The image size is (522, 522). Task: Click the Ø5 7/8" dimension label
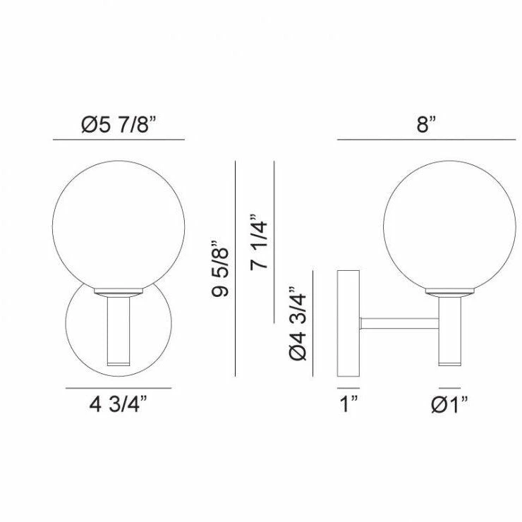[119, 125]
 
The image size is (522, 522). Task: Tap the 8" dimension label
[426, 125]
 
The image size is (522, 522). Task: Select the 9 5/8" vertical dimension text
[220, 268]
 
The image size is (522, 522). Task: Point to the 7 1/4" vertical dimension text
[259, 241]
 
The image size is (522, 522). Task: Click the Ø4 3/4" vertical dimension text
[298, 323]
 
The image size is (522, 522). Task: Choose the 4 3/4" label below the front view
[119, 403]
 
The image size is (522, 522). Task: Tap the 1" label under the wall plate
[348, 403]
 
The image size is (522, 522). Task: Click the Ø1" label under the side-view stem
[449, 404]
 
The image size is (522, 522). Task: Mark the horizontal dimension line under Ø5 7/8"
[119, 140]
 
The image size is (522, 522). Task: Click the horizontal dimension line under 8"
[427, 140]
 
